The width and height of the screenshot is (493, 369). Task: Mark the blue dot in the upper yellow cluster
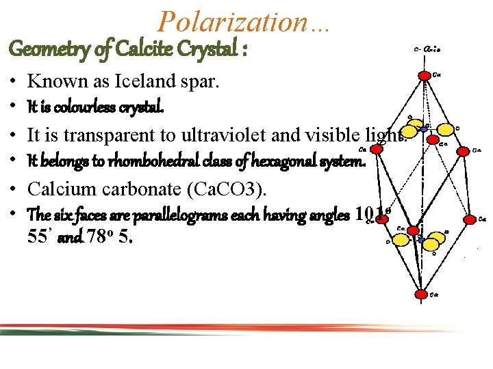pos(424,128)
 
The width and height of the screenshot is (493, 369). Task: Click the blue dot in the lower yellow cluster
pos(420,238)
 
